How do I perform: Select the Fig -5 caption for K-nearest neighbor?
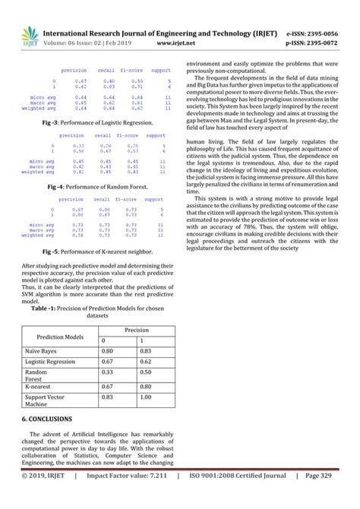click(96, 251)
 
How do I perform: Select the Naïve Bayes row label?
click(43, 351)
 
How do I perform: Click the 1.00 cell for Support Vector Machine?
click(147, 397)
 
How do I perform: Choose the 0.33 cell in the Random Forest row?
click(108, 373)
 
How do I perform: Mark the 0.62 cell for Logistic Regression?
click(147, 362)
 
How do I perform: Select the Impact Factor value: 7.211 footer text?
click(125, 495)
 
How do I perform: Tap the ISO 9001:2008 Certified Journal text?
click(236, 495)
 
